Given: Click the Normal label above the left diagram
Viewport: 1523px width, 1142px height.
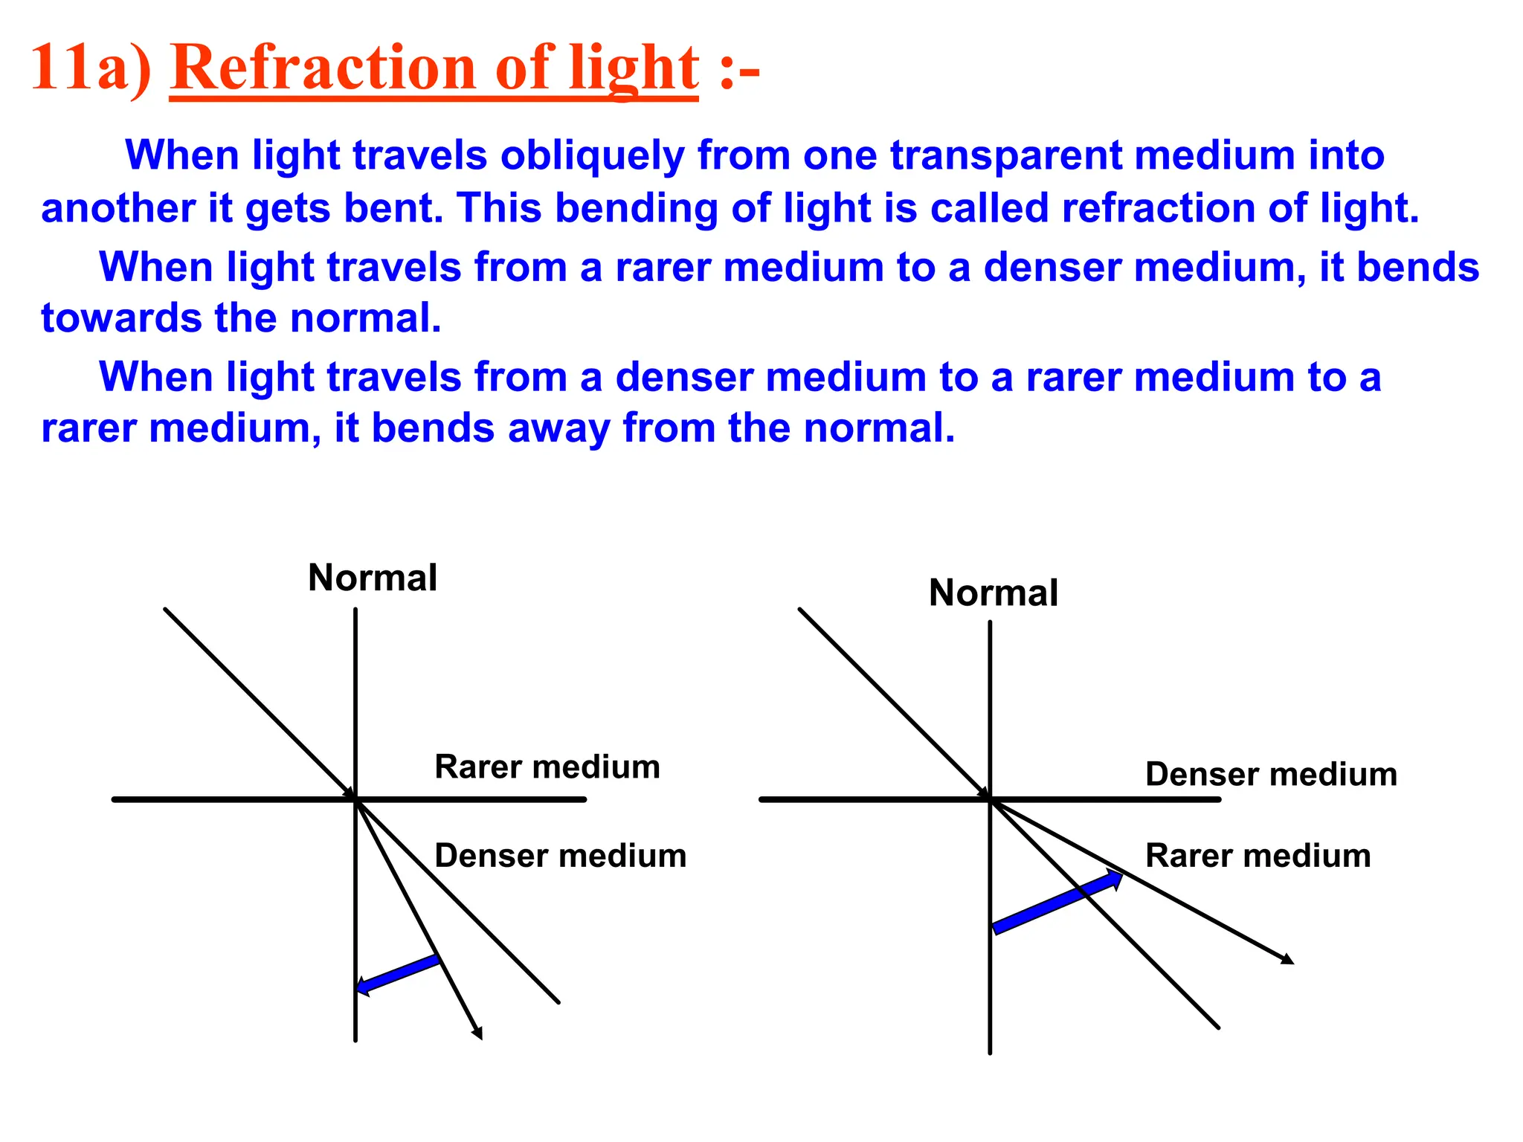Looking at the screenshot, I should click(373, 578).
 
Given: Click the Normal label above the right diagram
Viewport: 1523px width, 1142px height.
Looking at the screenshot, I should click(994, 593).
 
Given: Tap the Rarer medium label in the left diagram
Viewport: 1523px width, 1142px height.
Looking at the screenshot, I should click(547, 767).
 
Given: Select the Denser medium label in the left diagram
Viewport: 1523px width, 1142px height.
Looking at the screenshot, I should click(560, 856).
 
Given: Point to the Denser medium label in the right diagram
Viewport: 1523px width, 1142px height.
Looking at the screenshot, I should click(1271, 774).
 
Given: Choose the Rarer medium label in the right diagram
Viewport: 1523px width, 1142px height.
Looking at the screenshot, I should click(1258, 856).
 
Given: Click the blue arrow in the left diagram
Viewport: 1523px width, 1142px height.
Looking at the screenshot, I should click(398, 975).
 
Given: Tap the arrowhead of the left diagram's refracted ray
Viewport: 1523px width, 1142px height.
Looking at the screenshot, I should click(478, 1033).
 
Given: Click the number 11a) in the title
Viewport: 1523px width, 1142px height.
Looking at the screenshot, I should click(91, 68).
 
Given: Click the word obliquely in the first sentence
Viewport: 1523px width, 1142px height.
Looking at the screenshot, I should click(592, 156).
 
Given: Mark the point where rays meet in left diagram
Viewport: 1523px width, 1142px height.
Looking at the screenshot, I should click(356, 799).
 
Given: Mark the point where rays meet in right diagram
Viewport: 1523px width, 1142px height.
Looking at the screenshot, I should click(991, 799).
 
